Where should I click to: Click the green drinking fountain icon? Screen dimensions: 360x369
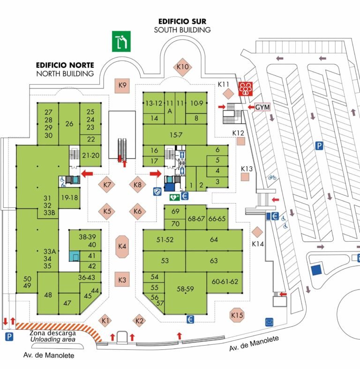pos(121,41)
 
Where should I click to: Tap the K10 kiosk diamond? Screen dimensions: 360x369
pos(183,67)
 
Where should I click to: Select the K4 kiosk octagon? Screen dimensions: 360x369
pos(122,247)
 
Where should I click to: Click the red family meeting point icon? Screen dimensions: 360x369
pos(246,89)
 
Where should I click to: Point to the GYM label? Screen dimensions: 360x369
pos(262,107)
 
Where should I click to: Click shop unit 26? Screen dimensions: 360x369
pos(69,124)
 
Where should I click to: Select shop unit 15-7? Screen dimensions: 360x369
pos(175,135)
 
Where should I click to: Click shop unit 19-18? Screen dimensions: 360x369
pos(69,198)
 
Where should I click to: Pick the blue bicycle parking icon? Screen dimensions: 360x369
pos(272,177)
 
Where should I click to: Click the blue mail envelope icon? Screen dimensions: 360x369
pos(269,322)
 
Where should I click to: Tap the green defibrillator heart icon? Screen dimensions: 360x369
pos(174,197)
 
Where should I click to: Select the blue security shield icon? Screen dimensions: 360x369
pos(157,192)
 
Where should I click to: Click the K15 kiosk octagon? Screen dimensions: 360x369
pos(237,315)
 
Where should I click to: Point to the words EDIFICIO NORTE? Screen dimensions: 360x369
pos(65,65)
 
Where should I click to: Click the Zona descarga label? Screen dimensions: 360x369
pos(53,333)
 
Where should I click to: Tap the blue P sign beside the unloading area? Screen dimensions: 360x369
pos(9,337)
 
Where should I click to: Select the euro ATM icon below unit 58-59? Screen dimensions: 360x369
pos(190,319)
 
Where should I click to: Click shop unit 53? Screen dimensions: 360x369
pos(165,261)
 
